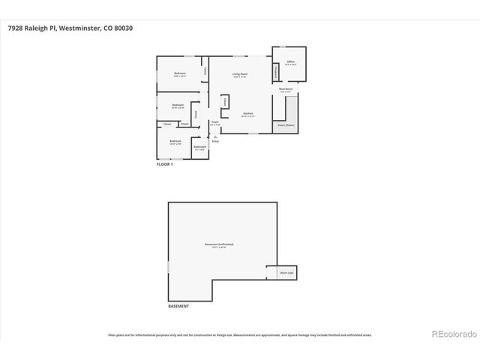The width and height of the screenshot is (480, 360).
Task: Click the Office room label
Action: coord(290,63)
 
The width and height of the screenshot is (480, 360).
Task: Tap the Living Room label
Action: coord(240,74)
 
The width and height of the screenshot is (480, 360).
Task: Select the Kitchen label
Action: coord(247,114)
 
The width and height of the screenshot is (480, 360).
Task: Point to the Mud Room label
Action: coord(285,89)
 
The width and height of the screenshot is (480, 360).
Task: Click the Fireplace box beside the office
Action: coord(276,72)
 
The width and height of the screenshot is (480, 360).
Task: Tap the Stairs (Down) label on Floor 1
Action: coord(284,125)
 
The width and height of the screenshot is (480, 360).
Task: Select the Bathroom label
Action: coord(199,147)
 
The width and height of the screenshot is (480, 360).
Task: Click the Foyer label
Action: coord(214,122)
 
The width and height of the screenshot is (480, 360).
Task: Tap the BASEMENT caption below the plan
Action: coord(178,307)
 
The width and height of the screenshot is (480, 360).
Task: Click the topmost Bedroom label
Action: coord(180,74)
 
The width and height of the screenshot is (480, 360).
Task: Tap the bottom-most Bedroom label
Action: coord(175,141)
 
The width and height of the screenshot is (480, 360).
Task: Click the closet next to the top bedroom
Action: coord(205,70)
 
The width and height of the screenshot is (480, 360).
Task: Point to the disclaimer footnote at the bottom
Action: coord(240,335)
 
